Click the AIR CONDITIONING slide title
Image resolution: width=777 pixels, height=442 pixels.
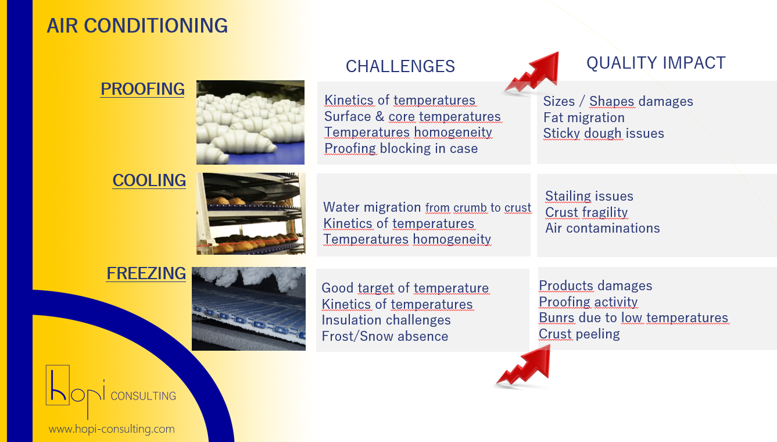(137, 26)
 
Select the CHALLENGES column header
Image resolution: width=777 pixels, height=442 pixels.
(400, 66)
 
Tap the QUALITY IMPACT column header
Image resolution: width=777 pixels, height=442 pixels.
(656, 63)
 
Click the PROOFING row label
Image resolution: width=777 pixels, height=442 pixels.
(142, 89)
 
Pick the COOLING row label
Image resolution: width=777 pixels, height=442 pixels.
(149, 180)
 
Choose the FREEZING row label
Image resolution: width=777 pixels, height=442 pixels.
(146, 273)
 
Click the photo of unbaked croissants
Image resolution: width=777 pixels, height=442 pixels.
(250, 122)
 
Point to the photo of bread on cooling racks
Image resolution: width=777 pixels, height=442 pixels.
(251, 213)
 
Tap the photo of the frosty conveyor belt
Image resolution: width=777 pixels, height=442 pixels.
(249, 309)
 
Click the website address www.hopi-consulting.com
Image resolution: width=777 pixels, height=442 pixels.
(112, 429)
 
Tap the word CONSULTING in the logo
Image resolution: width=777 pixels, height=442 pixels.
(144, 396)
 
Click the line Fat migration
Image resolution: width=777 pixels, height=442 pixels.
(584, 117)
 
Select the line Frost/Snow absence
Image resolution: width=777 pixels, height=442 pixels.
(385, 336)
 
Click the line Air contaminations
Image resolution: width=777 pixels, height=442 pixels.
(603, 228)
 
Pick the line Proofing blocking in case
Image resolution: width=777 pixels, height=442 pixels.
(401, 149)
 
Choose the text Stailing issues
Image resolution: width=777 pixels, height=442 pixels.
(589, 196)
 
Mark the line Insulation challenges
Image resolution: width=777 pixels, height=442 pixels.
(386, 320)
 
